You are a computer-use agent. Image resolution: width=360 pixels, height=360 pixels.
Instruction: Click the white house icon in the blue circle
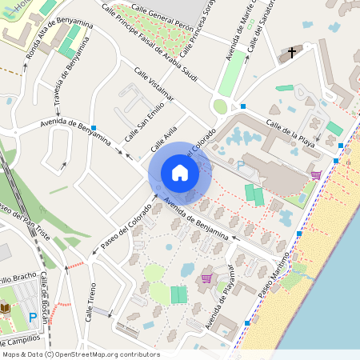coord(179,172)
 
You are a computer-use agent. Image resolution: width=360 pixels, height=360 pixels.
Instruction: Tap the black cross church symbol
coord(291,53)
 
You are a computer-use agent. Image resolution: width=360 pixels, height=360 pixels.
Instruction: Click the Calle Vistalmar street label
coord(154,84)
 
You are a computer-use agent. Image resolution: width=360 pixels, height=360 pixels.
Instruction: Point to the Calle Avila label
coord(164,142)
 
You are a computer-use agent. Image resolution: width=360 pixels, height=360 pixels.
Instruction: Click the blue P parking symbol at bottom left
coord(33,318)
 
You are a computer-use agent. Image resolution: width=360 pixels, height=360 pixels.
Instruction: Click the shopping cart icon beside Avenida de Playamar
coord(206,278)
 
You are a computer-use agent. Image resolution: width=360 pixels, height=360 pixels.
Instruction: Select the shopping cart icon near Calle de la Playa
coord(316,174)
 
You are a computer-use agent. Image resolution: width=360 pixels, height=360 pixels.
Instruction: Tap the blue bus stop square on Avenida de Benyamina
coord(94,128)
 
